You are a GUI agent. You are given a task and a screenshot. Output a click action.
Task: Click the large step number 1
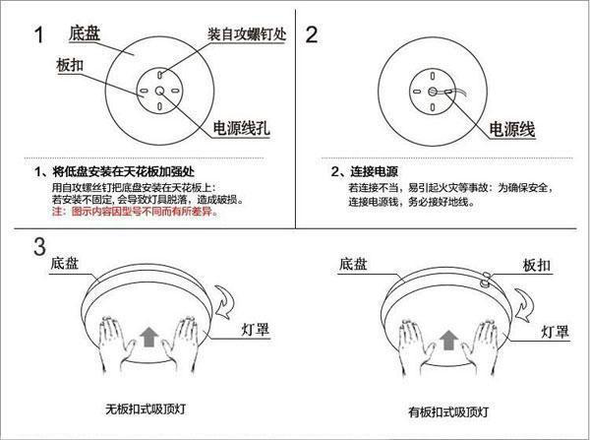39,36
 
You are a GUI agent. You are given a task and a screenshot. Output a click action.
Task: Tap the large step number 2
313,36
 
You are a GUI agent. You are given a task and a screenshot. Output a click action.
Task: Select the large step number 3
39,246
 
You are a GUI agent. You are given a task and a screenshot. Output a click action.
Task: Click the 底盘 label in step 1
86,34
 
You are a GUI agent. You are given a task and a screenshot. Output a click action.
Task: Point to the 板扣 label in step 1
69,64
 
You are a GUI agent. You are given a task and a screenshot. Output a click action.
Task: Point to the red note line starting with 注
147,212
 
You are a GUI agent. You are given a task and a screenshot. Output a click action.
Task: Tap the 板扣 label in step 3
534,266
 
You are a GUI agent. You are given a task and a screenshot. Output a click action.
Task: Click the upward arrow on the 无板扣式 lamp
147,339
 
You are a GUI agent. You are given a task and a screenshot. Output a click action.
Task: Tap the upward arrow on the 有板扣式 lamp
446,340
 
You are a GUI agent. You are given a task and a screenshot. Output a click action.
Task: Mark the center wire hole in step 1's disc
158,90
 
